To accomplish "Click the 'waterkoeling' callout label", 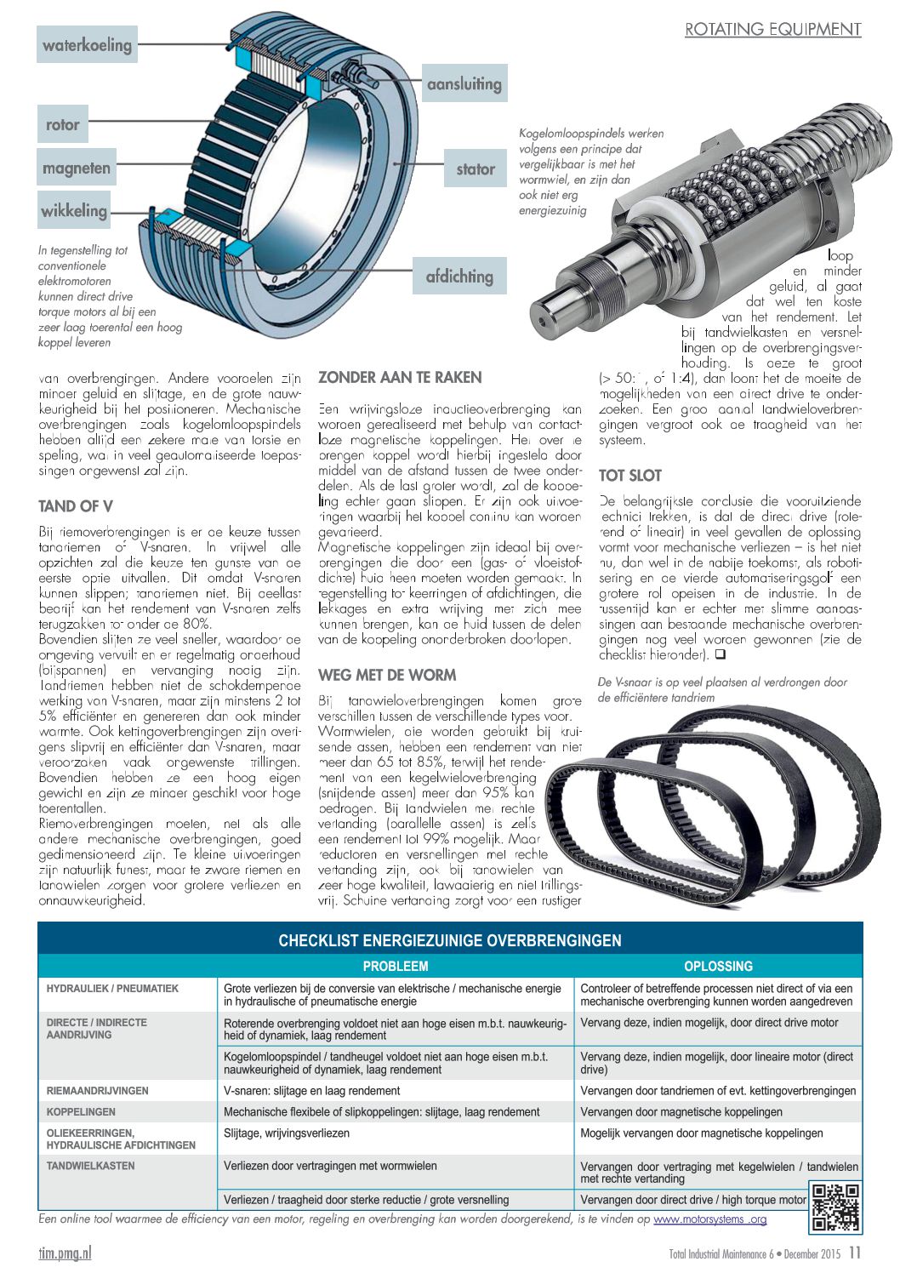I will (88, 44).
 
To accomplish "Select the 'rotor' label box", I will (63, 124).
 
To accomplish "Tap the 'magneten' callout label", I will (77, 168).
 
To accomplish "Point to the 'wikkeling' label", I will (75, 209).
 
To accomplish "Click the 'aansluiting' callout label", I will (464, 83).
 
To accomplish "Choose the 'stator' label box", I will (475, 168).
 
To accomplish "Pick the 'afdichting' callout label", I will (459, 276).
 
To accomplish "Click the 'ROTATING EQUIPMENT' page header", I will (772, 29).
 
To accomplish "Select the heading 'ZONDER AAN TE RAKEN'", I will (400, 377).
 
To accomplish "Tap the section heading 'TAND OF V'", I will (76, 506).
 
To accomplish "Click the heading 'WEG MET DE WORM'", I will (387, 675).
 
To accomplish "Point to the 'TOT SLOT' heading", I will (629, 475).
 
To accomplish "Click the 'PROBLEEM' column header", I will (396, 966).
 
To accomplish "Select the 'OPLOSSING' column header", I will (718, 966).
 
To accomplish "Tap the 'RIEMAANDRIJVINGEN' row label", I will (97, 1090).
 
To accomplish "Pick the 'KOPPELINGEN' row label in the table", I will (81, 1111).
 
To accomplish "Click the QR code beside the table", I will (834, 1206).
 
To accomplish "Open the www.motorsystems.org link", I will (710, 1219).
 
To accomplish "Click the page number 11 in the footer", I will (855, 1253).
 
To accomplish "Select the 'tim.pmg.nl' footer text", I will (65, 1253).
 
